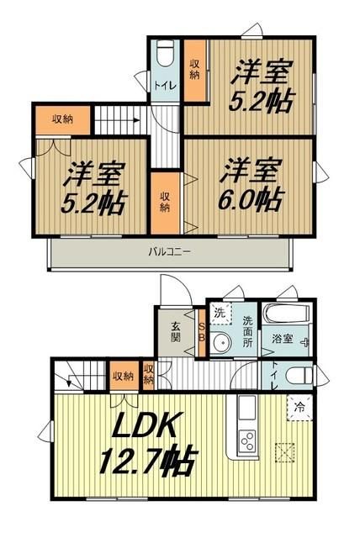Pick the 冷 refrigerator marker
click(x=300, y=408)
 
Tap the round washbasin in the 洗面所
click(x=221, y=343)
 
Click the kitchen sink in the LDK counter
click(x=246, y=410)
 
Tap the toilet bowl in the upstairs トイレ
click(x=165, y=52)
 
